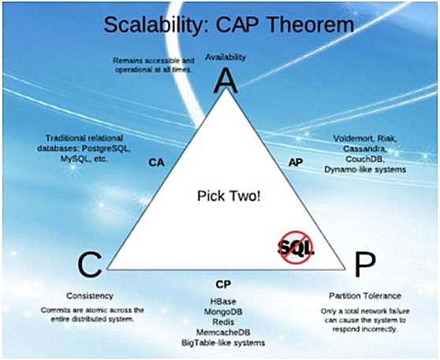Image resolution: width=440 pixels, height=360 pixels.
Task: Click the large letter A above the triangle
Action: pyautogui.click(x=226, y=81)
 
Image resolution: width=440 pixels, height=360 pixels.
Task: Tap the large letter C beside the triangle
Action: pyautogui.click(x=89, y=264)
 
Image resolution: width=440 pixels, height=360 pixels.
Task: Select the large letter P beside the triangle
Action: pyautogui.click(x=365, y=264)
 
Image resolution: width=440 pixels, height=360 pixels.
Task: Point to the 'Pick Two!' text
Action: pyautogui.click(x=229, y=196)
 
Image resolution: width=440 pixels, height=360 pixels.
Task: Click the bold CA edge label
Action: pyautogui.click(x=156, y=162)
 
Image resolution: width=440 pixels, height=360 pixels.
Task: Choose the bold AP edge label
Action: pyautogui.click(x=296, y=162)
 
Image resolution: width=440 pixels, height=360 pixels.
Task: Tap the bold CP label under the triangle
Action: pyautogui.click(x=223, y=284)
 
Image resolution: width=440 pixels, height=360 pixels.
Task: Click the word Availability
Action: pyautogui.click(x=226, y=58)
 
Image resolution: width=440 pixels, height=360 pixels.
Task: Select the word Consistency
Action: pyautogui.click(x=90, y=295)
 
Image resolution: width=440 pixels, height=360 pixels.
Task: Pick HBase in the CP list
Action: pyautogui.click(x=223, y=302)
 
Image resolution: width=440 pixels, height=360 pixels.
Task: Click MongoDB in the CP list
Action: pyautogui.click(x=223, y=311)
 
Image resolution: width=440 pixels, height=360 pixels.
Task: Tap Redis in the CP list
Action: pyautogui.click(x=223, y=322)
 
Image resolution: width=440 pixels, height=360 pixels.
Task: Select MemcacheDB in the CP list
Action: pyautogui.click(x=223, y=332)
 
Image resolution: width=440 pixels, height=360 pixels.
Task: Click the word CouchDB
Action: pyautogui.click(x=365, y=159)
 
